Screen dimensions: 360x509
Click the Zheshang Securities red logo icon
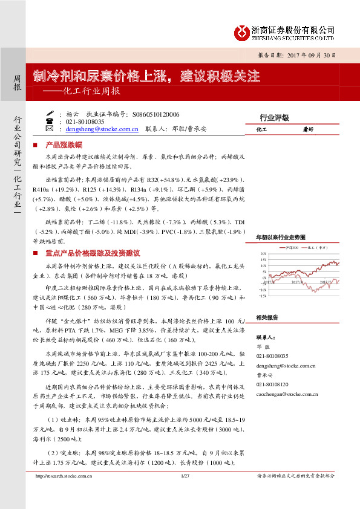click(x=242, y=31)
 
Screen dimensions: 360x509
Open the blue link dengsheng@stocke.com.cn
click(x=103, y=129)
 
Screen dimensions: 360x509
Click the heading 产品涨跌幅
click(x=68, y=146)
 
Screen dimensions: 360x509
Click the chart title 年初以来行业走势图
click(x=284, y=238)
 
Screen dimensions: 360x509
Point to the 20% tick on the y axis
click(x=264, y=254)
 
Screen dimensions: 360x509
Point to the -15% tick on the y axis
click(x=263, y=296)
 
